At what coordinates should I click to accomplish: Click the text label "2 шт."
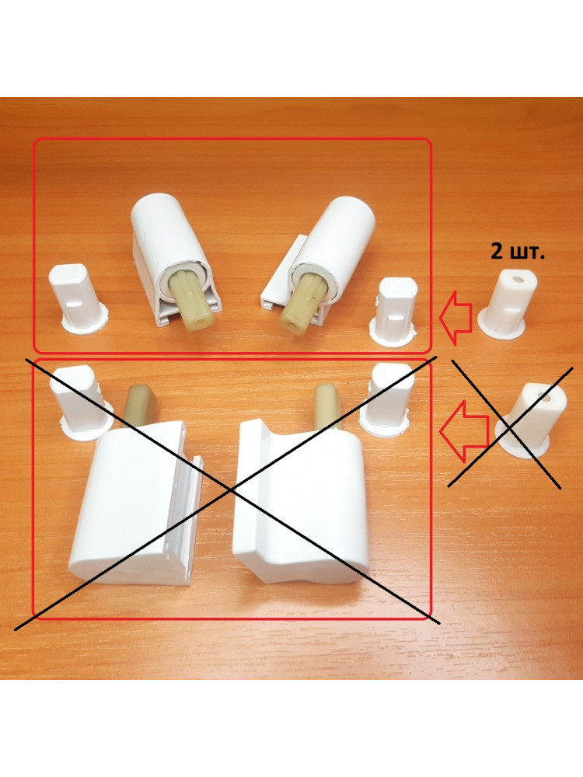pos(518,253)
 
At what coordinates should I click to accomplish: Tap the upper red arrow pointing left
pos(454,318)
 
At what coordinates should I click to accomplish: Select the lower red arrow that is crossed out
pos(464,429)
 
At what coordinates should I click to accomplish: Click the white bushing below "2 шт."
pos(508,305)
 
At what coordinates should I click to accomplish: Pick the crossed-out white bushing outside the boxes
pos(522,420)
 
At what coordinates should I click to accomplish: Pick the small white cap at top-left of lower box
pos(79,402)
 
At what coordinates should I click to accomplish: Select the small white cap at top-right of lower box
pos(386,400)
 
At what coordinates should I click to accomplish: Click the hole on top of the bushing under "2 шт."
pos(518,280)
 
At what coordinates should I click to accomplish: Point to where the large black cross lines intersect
pos(231,490)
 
